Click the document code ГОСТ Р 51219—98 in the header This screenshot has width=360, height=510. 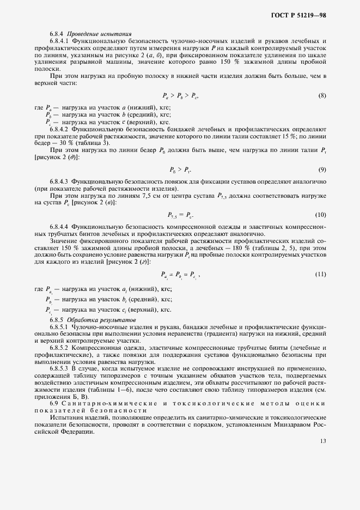(x=298, y=16)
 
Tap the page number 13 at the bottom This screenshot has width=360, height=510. (x=323, y=441)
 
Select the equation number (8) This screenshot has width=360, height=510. (x=322, y=96)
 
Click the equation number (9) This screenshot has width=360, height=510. (x=322, y=169)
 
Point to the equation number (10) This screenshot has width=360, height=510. (x=321, y=214)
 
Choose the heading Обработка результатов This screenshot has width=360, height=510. (x=95, y=319)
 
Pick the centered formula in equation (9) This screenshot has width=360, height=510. (x=180, y=170)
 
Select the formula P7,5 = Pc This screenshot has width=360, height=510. (x=180, y=215)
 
